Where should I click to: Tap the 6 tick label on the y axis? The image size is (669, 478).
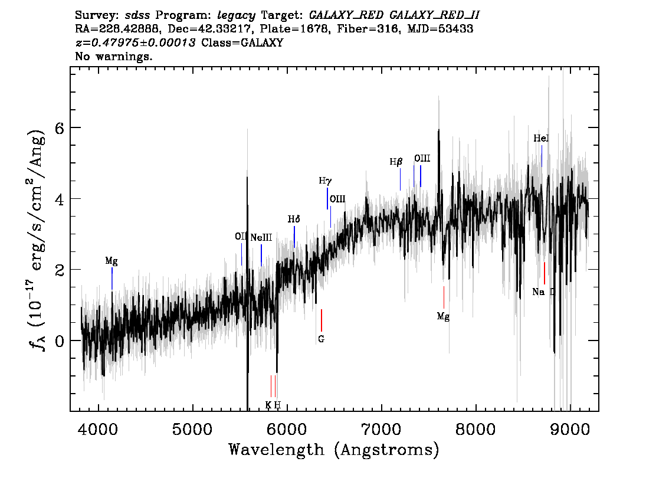click(x=59, y=128)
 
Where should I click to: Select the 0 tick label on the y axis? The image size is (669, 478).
click(x=59, y=341)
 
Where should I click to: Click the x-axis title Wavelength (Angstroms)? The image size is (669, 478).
click(x=334, y=450)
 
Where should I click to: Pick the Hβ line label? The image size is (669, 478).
click(x=396, y=161)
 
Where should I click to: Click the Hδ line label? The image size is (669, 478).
click(x=294, y=219)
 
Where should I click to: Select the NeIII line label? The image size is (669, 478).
click(x=261, y=238)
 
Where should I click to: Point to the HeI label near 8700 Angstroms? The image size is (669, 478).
click(x=541, y=138)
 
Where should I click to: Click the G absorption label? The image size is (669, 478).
click(x=321, y=339)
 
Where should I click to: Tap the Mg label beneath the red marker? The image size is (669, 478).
click(x=443, y=317)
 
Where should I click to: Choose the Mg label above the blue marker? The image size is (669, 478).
click(x=112, y=260)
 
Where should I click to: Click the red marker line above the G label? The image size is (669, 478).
click(x=321, y=320)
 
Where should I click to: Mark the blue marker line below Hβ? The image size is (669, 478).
click(x=401, y=179)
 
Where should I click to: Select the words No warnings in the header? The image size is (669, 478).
click(x=114, y=57)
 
